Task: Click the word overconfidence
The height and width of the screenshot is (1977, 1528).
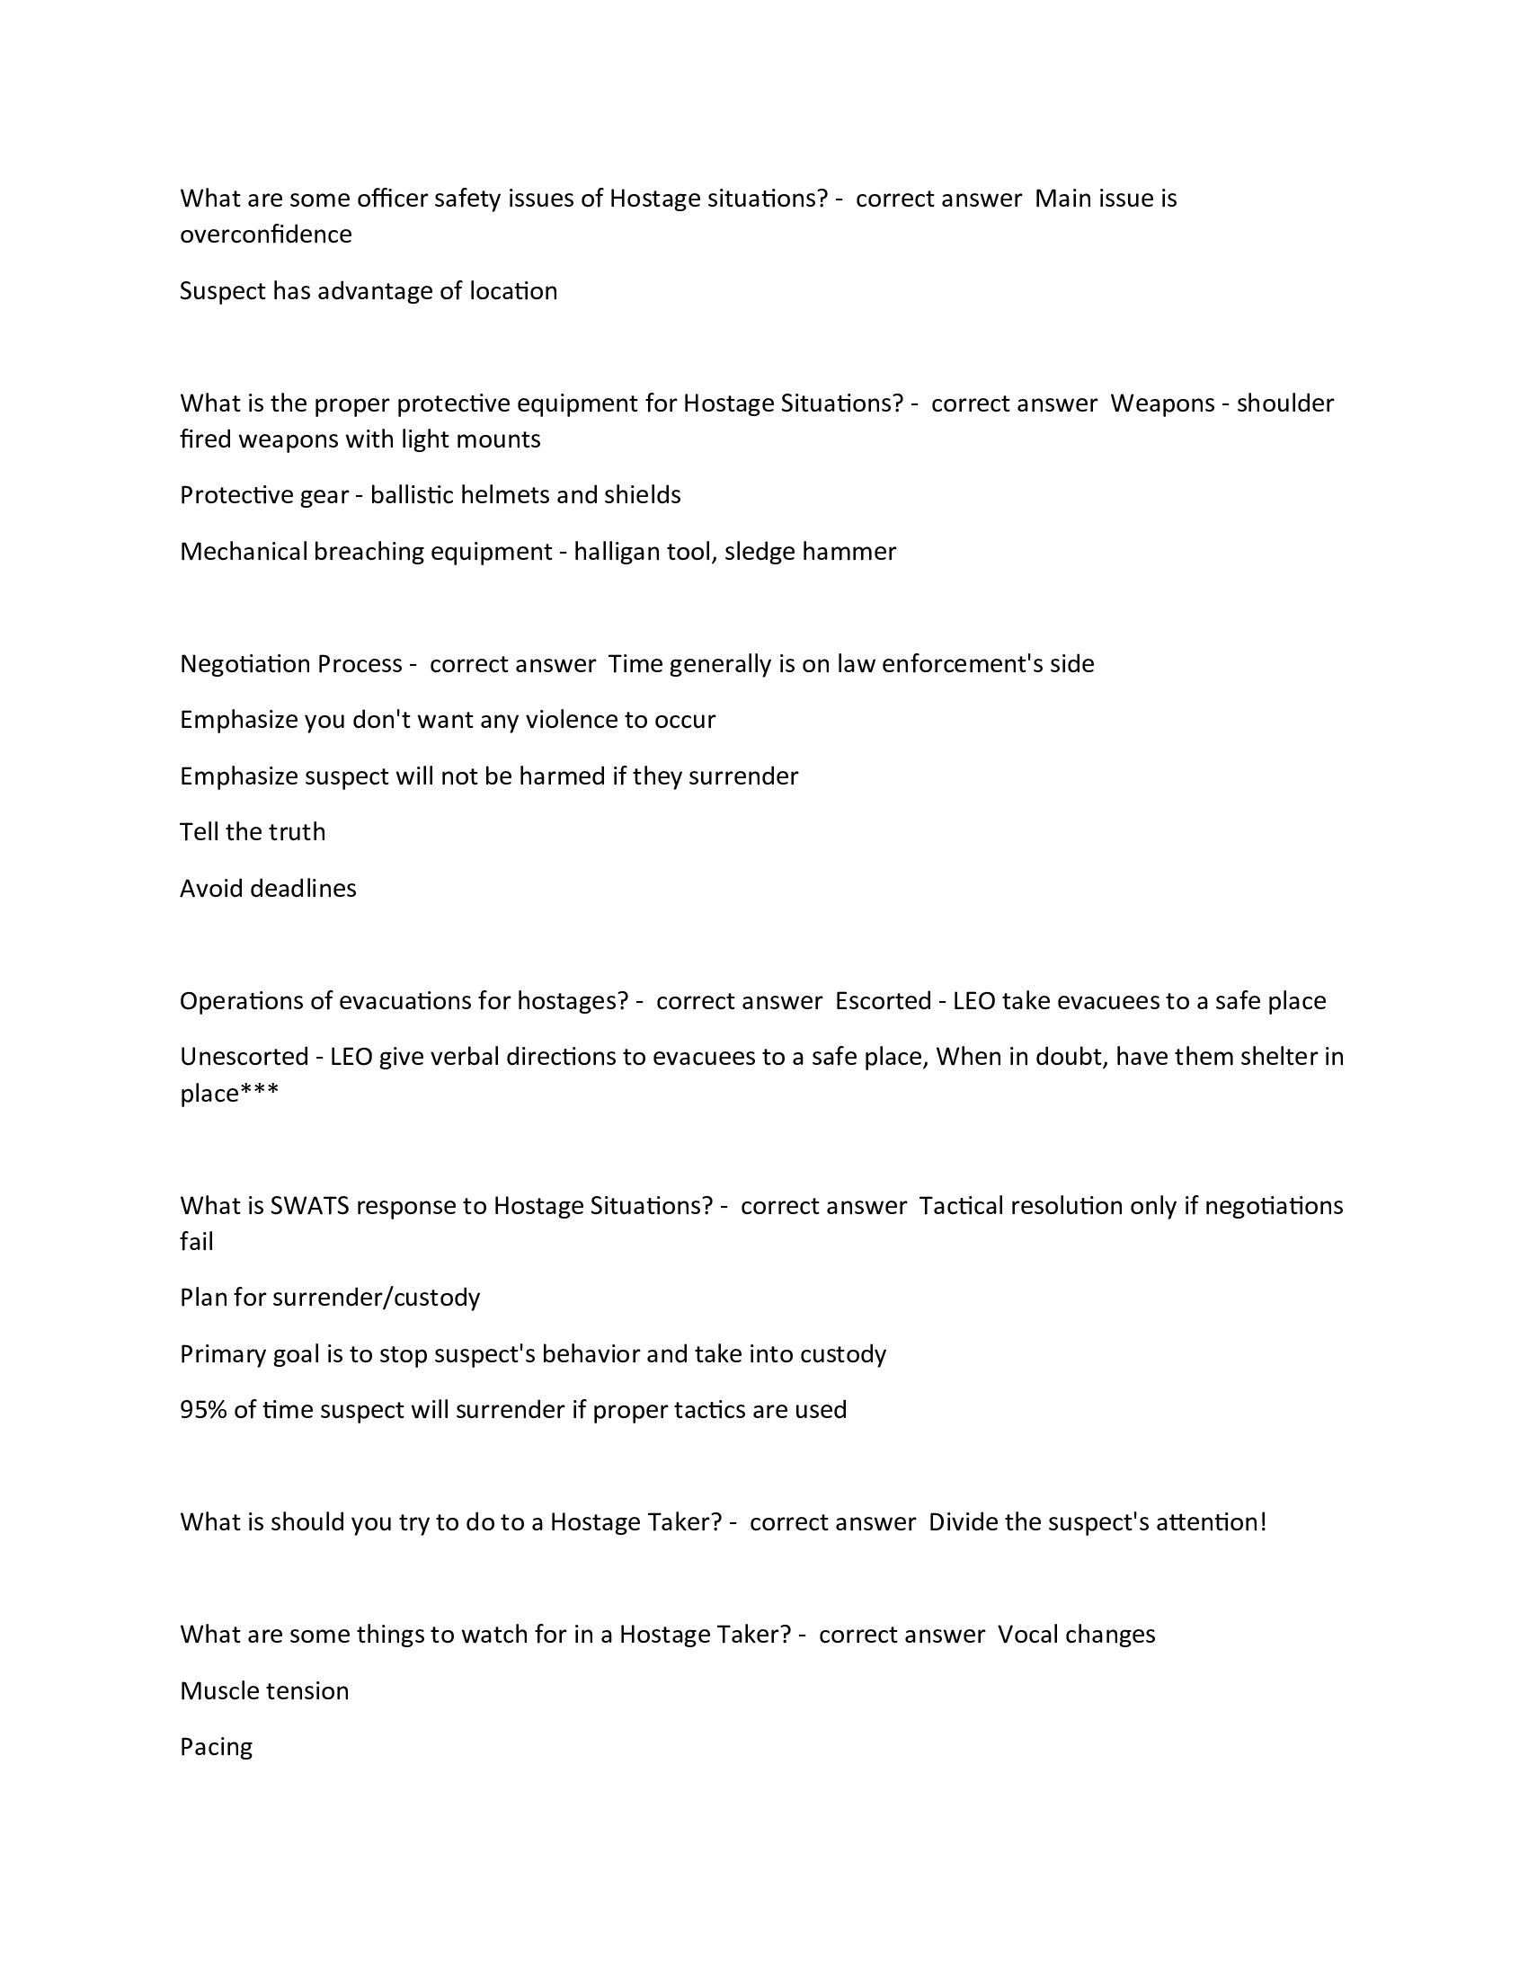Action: [x=265, y=235]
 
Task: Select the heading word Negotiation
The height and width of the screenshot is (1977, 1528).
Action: [x=233, y=663]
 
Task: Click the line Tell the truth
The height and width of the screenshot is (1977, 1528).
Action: [x=253, y=832]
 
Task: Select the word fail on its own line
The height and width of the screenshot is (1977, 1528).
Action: [x=197, y=1242]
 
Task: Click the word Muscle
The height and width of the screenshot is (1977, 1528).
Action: [x=218, y=1691]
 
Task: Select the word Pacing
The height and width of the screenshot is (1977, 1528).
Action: [x=216, y=1747]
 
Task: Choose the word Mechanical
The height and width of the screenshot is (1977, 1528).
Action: [x=243, y=551]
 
